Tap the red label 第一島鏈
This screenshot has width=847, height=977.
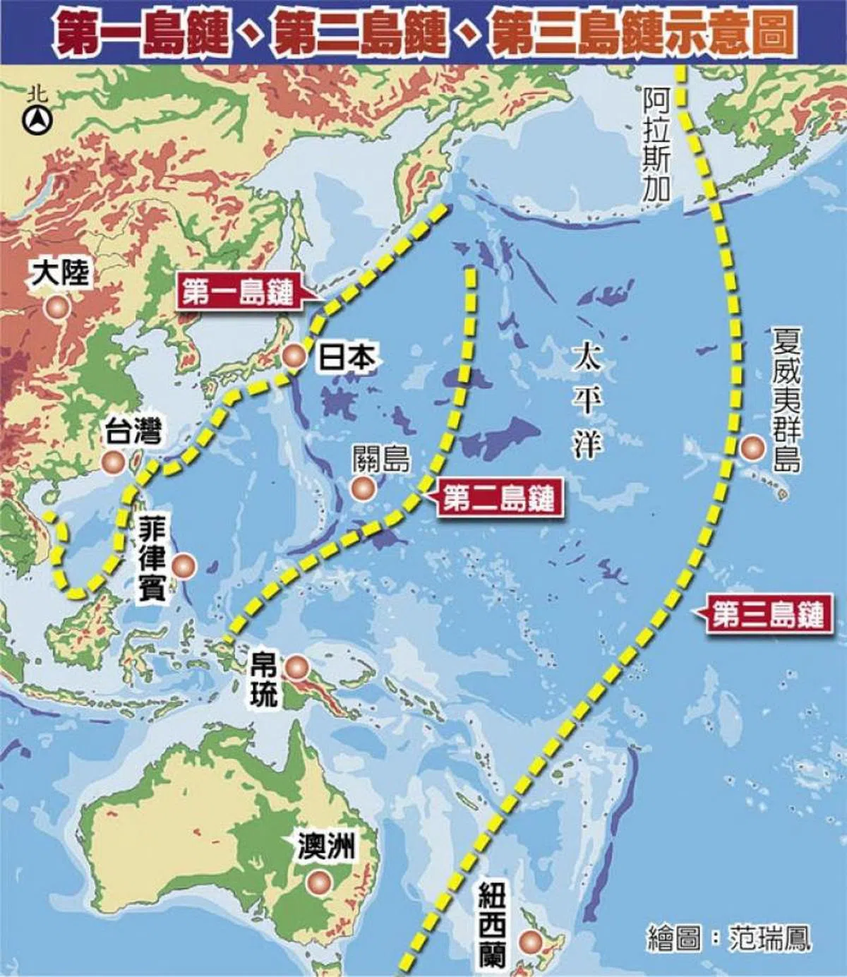(238, 292)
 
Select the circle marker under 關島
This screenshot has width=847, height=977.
(363, 487)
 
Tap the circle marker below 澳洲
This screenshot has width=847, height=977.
(319, 882)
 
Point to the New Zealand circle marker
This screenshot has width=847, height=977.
(529, 941)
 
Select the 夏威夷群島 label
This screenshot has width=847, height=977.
(786, 399)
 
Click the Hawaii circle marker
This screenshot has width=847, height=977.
(752, 448)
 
